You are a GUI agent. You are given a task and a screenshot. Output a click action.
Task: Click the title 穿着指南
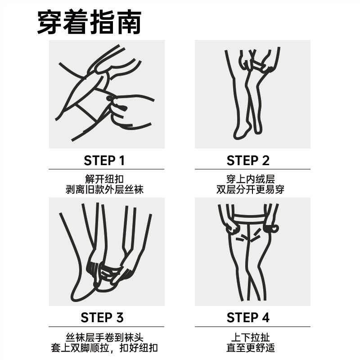(89, 22)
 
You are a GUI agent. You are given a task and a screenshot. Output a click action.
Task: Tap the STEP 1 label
(104, 160)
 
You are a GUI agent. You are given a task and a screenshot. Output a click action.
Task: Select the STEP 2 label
(248, 160)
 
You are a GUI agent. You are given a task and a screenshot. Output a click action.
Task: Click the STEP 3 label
(102, 318)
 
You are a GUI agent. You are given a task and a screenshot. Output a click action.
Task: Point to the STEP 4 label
(248, 318)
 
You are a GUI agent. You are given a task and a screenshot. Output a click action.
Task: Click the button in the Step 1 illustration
(111, 98)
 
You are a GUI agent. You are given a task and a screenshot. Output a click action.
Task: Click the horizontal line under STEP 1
(107, 170)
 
